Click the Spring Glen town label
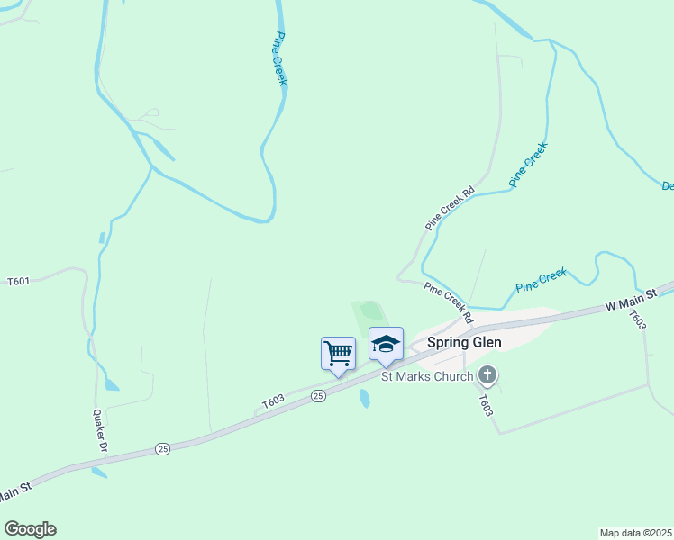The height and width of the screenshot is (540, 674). [x=463, y=342]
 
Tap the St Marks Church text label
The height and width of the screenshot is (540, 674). [x=427, y=376]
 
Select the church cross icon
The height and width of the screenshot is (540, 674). [x=487, y=374]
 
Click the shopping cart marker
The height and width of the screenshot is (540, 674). [x=338, y=352]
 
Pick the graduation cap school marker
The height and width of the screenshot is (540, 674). [x=386, y=345]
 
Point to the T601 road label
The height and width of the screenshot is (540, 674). [x=19, y=281]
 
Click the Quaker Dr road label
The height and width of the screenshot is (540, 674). [x=100, y=431]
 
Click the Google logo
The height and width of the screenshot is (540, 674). [x=30, y=529]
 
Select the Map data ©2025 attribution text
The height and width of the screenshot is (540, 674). [x=636, y=532]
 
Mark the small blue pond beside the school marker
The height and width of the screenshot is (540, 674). [x=364, y=398]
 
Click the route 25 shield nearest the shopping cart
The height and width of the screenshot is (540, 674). [x=318, y=396]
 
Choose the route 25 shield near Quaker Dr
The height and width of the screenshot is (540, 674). [x=162, y=448]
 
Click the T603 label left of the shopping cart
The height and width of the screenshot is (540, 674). [x=273, y=402]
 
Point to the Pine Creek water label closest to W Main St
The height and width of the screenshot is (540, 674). [x=541, y=280]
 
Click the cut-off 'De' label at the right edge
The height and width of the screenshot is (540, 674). [x=668, y=186]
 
